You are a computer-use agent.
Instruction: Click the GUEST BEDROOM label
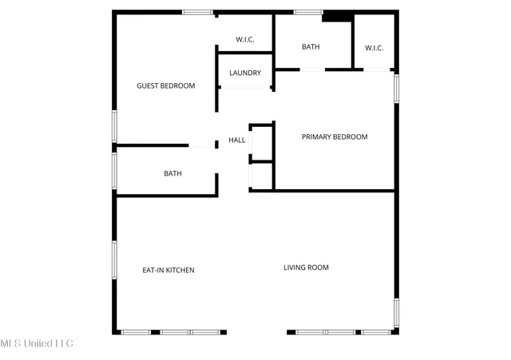(166, 85)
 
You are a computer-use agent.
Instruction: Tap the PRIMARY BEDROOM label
(335, 136)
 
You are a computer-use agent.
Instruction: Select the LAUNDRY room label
(245, 73)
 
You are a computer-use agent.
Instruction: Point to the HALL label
(237, 140)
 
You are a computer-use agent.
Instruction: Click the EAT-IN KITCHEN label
(168, 270)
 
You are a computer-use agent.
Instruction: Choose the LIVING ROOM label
(307, 267)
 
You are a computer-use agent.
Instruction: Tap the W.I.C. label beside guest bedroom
(245, 39)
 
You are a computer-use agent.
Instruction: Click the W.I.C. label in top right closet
(374, 48)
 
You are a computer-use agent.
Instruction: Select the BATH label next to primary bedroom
(311, 47)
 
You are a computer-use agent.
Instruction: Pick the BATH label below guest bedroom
(172, 173)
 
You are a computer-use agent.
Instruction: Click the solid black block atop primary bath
(337, 17)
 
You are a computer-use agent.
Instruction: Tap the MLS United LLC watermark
(37, 344)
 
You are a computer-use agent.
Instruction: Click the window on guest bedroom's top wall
(197, 12)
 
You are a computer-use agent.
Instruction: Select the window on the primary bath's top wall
(308, 12)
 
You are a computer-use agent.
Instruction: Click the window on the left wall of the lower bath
(115, 170)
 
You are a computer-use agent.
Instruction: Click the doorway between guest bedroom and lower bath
(202, 146)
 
